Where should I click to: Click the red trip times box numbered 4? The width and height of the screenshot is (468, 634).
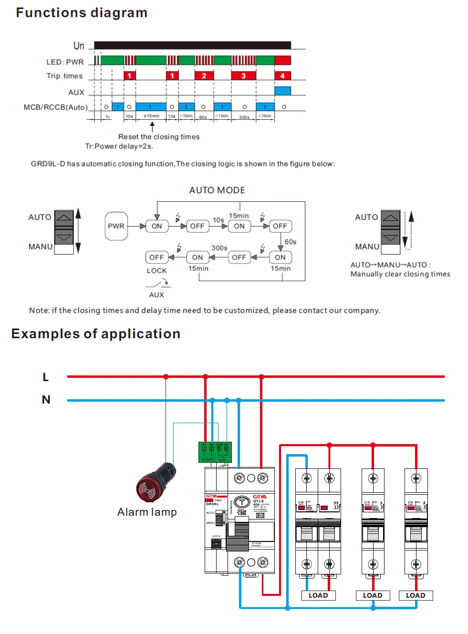282,75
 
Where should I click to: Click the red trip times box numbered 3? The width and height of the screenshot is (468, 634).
243,75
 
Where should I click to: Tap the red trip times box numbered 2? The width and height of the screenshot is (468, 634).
204,75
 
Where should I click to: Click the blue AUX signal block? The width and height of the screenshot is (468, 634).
282,91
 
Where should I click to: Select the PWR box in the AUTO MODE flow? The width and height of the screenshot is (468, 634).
116,226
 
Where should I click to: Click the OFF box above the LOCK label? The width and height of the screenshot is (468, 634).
156,257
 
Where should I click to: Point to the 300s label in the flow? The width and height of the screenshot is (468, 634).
219,248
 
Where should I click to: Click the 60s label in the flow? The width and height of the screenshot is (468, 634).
291,242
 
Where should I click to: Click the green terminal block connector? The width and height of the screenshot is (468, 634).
215,452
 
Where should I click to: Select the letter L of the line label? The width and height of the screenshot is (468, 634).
46,377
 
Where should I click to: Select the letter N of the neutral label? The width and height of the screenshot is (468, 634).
46,400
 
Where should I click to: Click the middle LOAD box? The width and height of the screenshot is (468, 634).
373,595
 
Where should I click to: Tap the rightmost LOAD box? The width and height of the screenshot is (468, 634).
416,595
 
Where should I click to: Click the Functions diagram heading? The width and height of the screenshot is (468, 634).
82,13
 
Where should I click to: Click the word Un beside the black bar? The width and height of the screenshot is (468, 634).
79,46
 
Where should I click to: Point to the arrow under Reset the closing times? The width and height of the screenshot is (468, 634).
152,126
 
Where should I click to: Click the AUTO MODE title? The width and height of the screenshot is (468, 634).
217,190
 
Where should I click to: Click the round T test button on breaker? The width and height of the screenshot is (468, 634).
242,502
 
